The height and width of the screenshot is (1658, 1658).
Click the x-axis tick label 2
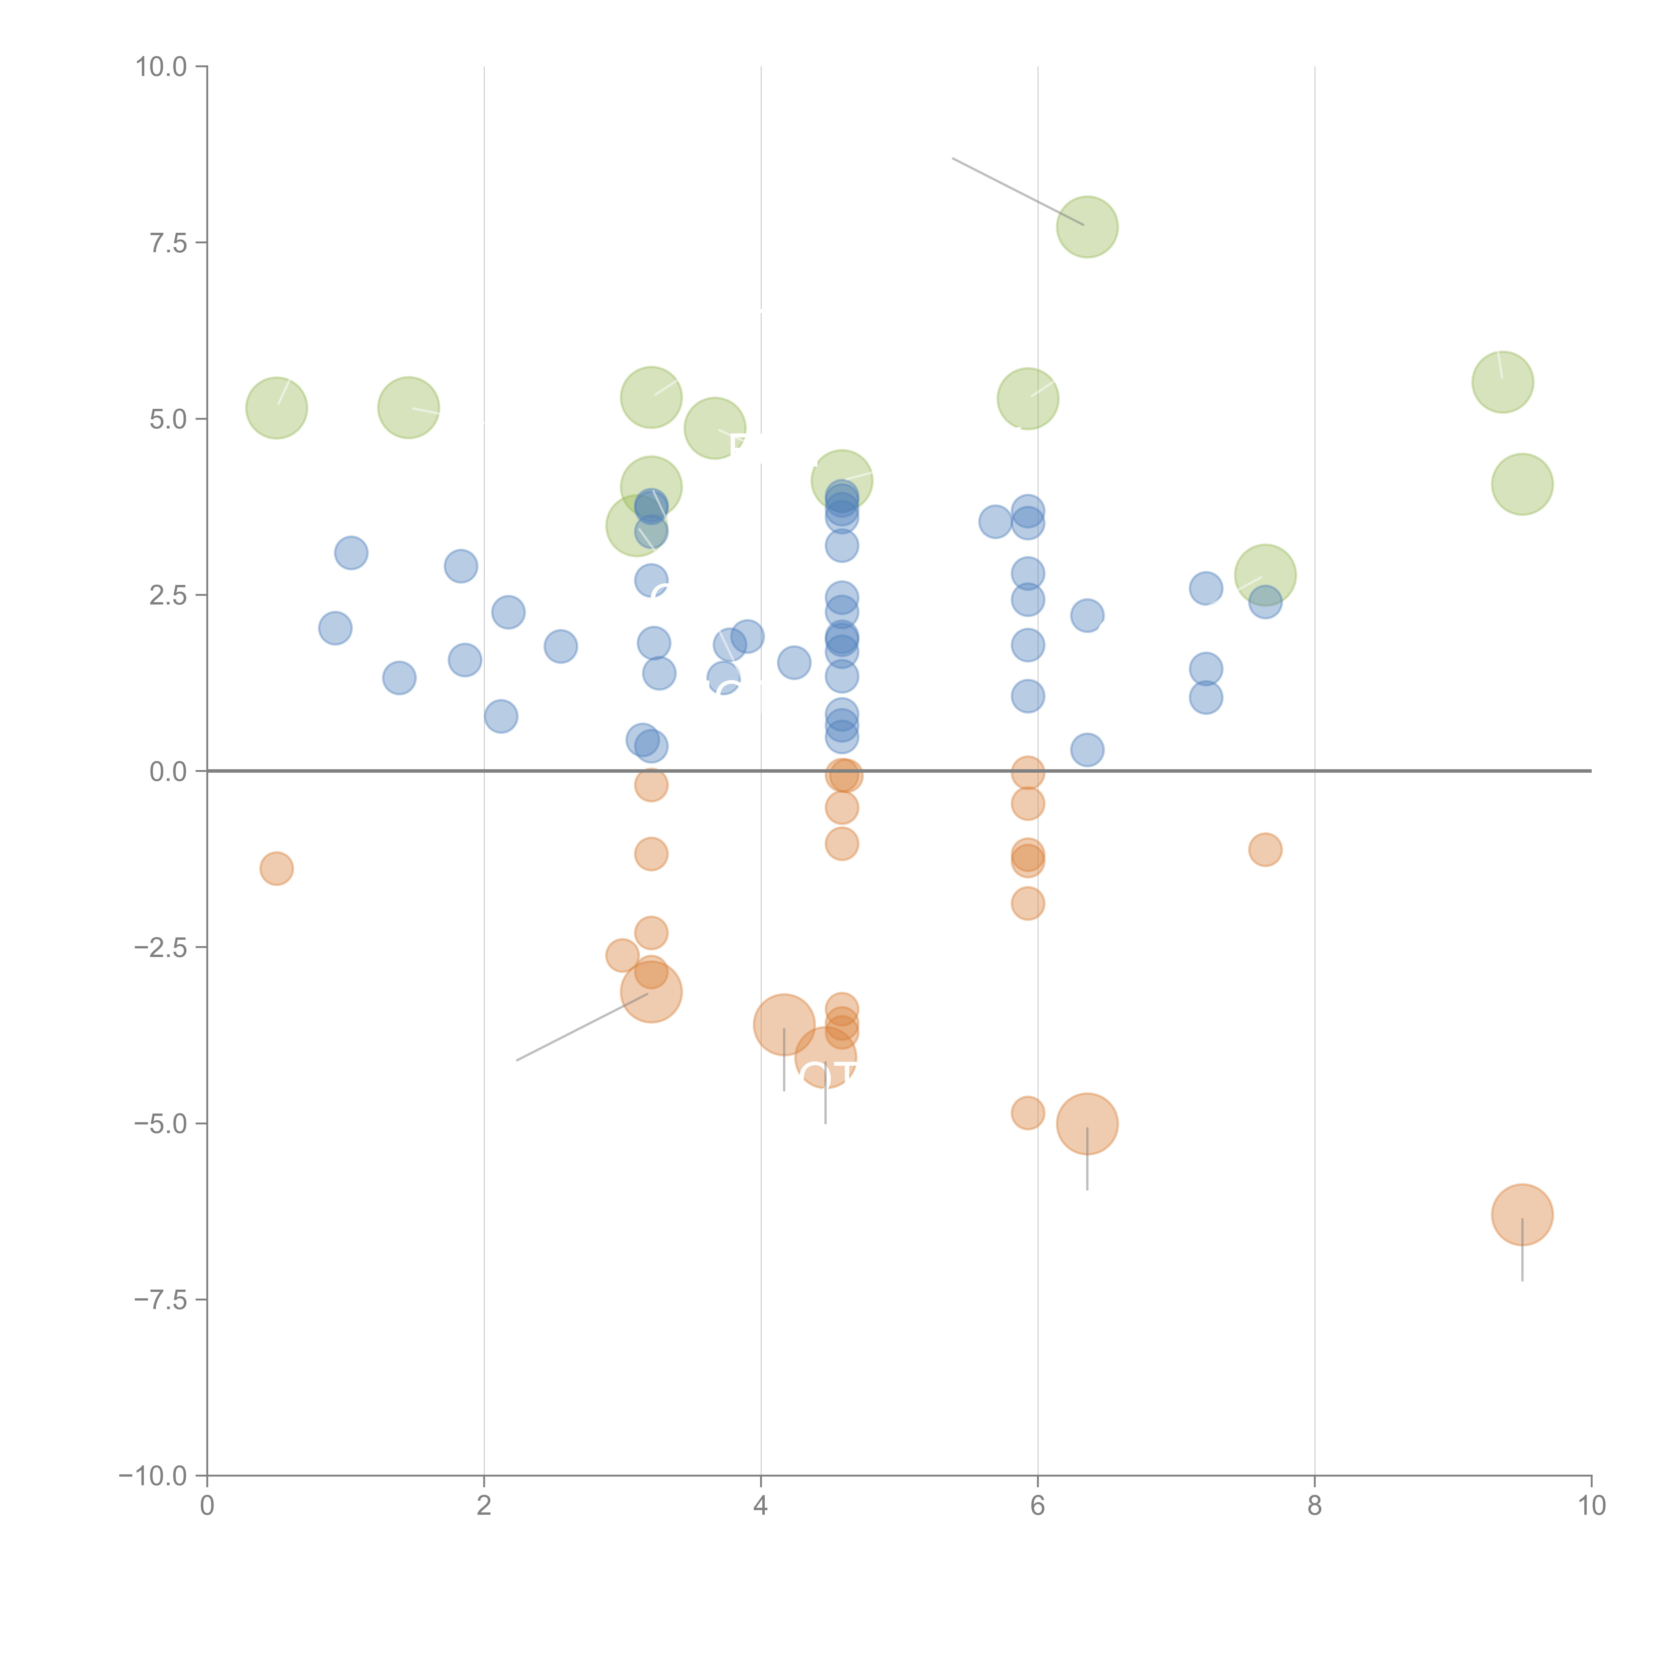(x=484, y=1506)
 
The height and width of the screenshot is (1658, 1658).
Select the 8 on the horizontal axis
(x=1315, y=1506)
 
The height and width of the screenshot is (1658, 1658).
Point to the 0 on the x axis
(x=207, y=1506)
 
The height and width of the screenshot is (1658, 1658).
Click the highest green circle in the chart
(x=1087, y=226)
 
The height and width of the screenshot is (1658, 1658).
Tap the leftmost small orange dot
(x=276, y=868)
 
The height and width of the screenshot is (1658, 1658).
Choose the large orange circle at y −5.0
(x=1087, y=1123)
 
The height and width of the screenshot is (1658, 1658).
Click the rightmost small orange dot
(x=1265, y=850)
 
